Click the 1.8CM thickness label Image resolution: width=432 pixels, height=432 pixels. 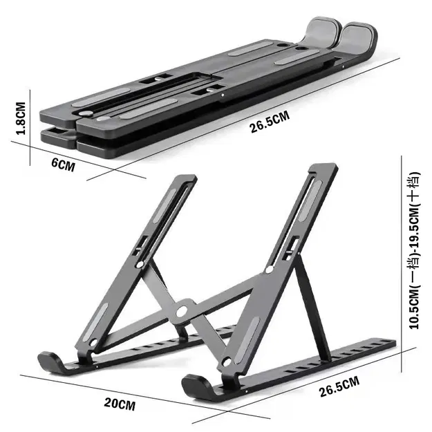click(20, 118)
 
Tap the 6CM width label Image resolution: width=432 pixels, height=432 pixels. click(63, 165)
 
